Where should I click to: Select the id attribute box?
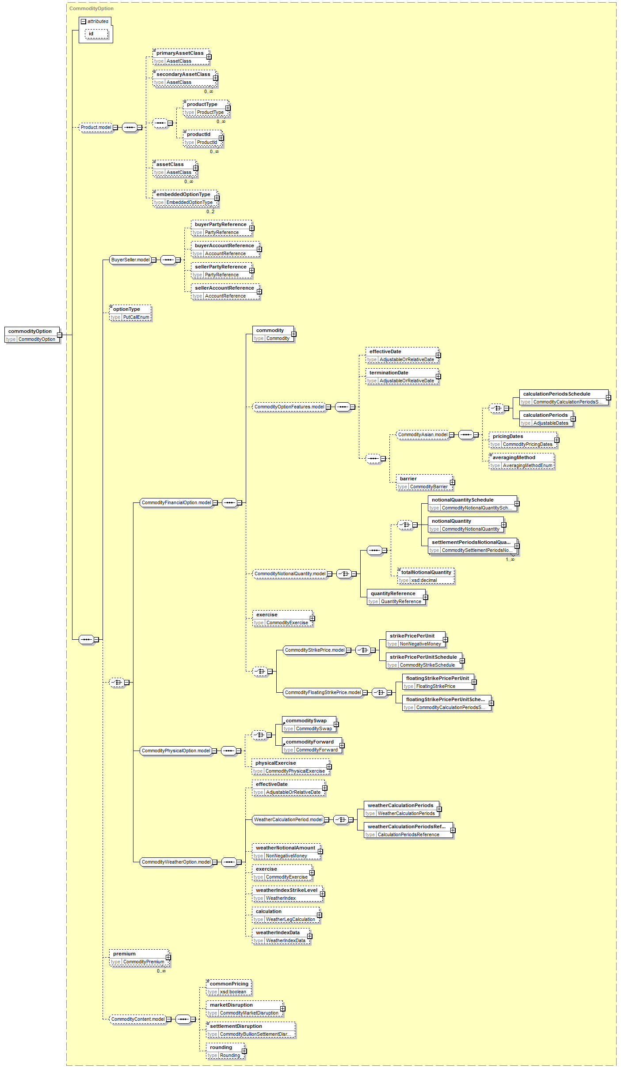(x=96, y=34)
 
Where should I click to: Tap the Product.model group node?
(x=96, y=127)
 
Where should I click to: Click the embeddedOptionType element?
(x=185, y=198)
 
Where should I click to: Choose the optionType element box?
(x=130, y=313)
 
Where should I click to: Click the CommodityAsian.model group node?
(x=423, y=434)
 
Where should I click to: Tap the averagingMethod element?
(x=522, y=461)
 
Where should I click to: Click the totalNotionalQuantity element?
(x=426, y=576)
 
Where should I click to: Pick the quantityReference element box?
(x=396, y=597)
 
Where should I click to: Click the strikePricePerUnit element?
(x=415, y=640)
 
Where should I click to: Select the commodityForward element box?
(x=312, y=746)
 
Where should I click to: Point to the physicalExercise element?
(x=291, y=767)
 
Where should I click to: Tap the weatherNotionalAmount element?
(x=286, y=852)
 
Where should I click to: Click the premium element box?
(x=139, y=958)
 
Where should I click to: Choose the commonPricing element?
(x=229, y=988)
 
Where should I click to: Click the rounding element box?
(x=225, y=1051)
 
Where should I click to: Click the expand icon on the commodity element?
(x=294, y=334)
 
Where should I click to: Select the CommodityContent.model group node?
(x=138, y=1019)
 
